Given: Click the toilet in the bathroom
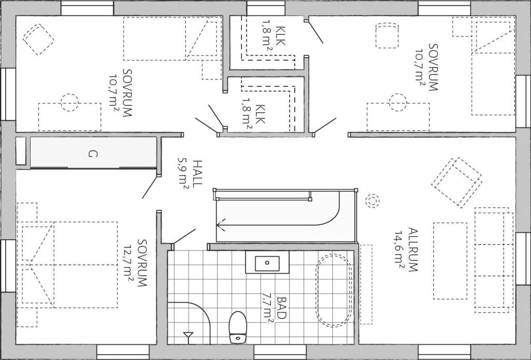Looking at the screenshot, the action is click(x=238, y=327).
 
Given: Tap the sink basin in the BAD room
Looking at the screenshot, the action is click(x=267, y=263).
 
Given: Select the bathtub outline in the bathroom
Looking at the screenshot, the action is click(x=334, y=291).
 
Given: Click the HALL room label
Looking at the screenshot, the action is click(x=197, y=173).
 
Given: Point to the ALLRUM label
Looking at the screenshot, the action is click(x=413, y=250).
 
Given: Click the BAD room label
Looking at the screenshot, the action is click(x=282, y=308).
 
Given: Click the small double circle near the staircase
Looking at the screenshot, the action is click(x=372, y=201).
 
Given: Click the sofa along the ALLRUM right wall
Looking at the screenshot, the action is click(x=494, y=260).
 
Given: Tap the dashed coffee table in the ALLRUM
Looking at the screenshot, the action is click(x=450, y=261).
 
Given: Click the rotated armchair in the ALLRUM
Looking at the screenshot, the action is click(x=456, y=182).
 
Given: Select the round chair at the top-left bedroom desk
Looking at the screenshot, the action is click(x=70, y=102).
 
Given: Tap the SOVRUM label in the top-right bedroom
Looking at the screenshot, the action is click(x=433, y=67).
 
